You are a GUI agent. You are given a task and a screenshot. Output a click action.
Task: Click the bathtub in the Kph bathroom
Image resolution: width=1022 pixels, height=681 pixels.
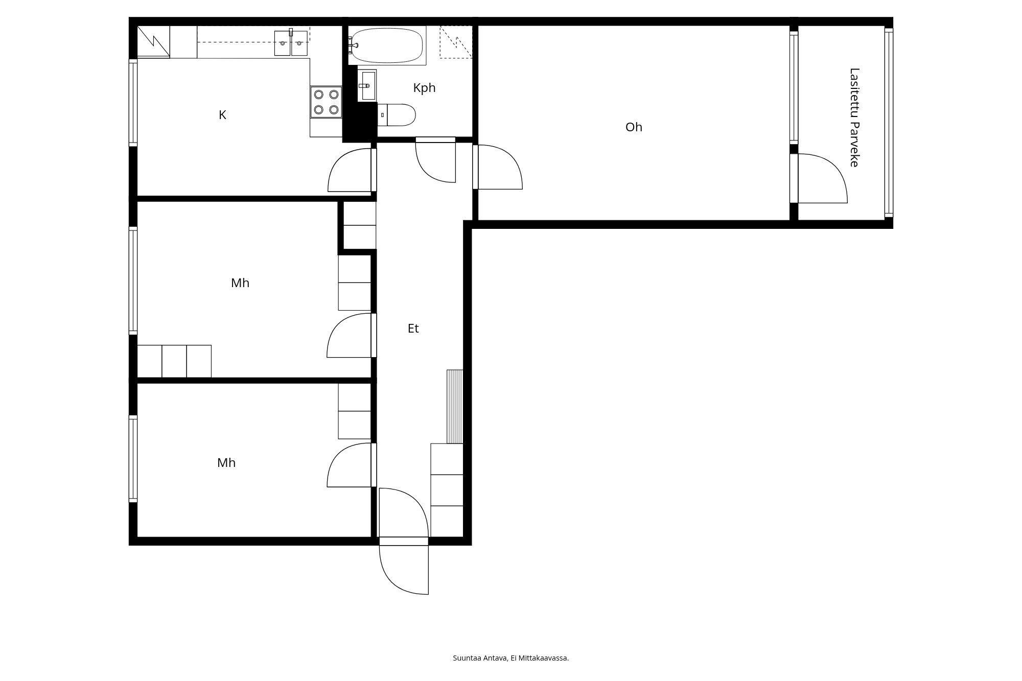pyautogui.click(x=388, y=44)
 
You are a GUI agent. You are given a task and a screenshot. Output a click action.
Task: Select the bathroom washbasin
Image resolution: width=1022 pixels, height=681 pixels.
pyautogui.click(x=367, y=86)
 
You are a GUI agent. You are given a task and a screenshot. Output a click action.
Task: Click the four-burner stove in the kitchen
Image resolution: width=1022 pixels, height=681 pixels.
pyautogui.click(x=326, y=102)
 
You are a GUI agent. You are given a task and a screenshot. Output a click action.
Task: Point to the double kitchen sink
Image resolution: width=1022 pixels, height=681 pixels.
pyautogui.click(x=291, y=43)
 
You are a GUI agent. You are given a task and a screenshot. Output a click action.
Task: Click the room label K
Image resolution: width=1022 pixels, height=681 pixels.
pyautogui.click(x=222, y=115)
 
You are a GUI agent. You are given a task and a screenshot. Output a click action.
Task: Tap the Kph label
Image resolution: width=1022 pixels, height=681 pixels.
pyautogui.click(x=424, y=88)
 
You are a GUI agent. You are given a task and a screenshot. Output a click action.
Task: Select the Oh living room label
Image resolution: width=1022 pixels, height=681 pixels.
pyautogui.click(x=634, y=127)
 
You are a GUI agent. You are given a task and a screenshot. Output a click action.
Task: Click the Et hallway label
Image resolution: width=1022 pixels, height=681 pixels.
pyautogui.click(x=413, y=328)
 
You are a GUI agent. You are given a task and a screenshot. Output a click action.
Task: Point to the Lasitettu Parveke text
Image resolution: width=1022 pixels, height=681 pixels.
pyautogui.click(x=854, y=118)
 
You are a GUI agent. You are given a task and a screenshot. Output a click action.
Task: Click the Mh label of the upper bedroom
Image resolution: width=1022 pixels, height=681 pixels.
pyautogui.click(x=240, y=283)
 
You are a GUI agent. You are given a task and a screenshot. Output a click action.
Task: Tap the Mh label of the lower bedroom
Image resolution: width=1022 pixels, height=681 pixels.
pyautogui.click(x=226, y=463)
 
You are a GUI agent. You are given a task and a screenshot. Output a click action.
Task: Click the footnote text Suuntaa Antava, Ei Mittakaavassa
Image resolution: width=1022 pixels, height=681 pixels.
pyautogui.click(x=510, y=658)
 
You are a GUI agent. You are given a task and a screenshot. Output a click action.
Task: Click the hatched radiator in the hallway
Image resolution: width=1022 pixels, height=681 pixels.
pyautogui.click(x=455, y=406)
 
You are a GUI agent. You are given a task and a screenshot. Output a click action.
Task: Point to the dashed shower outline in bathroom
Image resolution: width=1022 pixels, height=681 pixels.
pyautogui.click(x=456, y=42)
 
